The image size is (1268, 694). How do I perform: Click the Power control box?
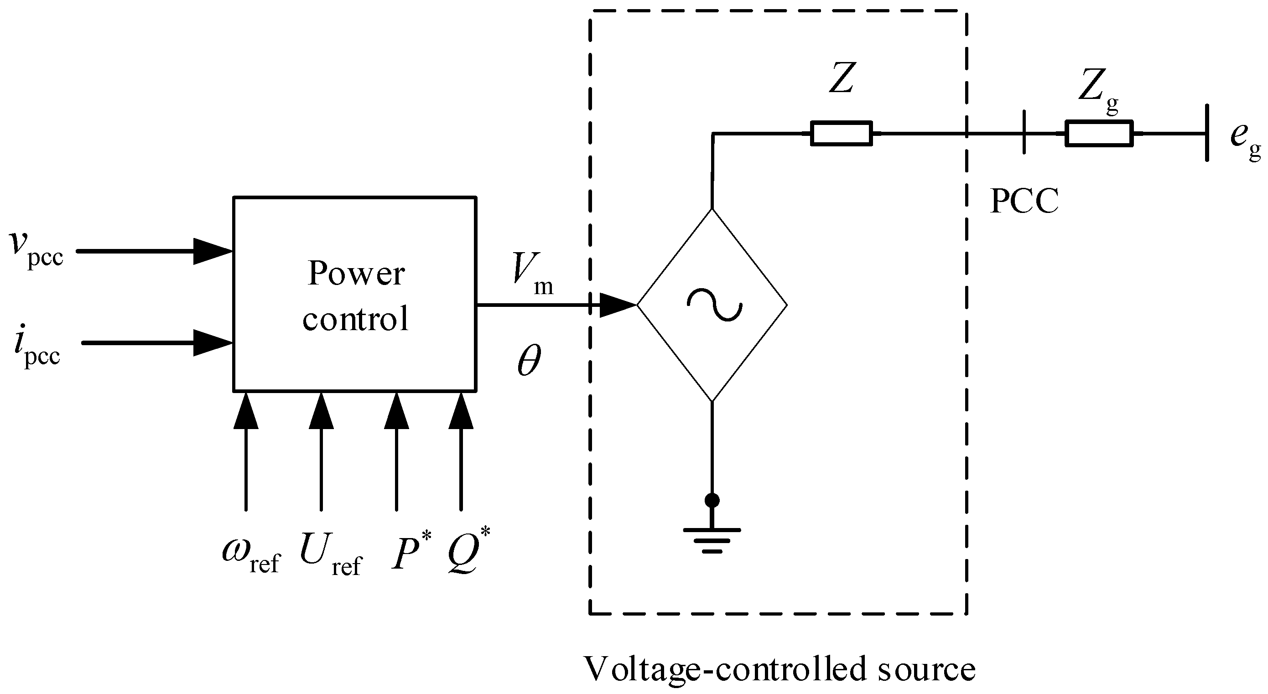(x=354, y=295)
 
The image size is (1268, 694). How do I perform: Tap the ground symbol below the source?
(x=712, y=540)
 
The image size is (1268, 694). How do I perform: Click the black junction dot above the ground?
(x=712, y=501)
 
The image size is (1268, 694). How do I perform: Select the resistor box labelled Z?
(x=841, y=134)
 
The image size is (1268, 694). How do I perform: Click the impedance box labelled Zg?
(x=1099, y=134)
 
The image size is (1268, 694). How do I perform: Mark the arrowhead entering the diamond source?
(x=618, y=305)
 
